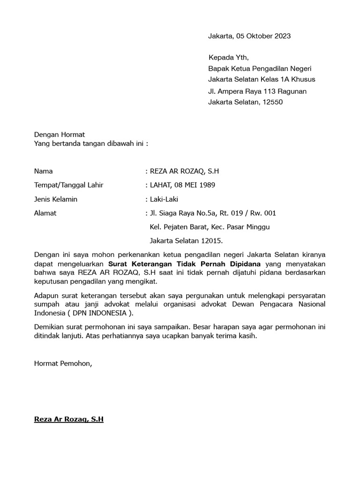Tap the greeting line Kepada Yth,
229,58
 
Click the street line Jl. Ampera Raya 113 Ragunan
257,91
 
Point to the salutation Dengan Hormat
60,135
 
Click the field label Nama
44,171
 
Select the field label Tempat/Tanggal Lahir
68,185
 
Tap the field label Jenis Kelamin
56,199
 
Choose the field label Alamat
45,213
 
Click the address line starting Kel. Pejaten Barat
210,227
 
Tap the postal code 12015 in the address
212,241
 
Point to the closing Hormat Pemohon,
63,363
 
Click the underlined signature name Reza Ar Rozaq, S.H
69,420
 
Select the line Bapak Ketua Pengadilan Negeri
260,68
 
